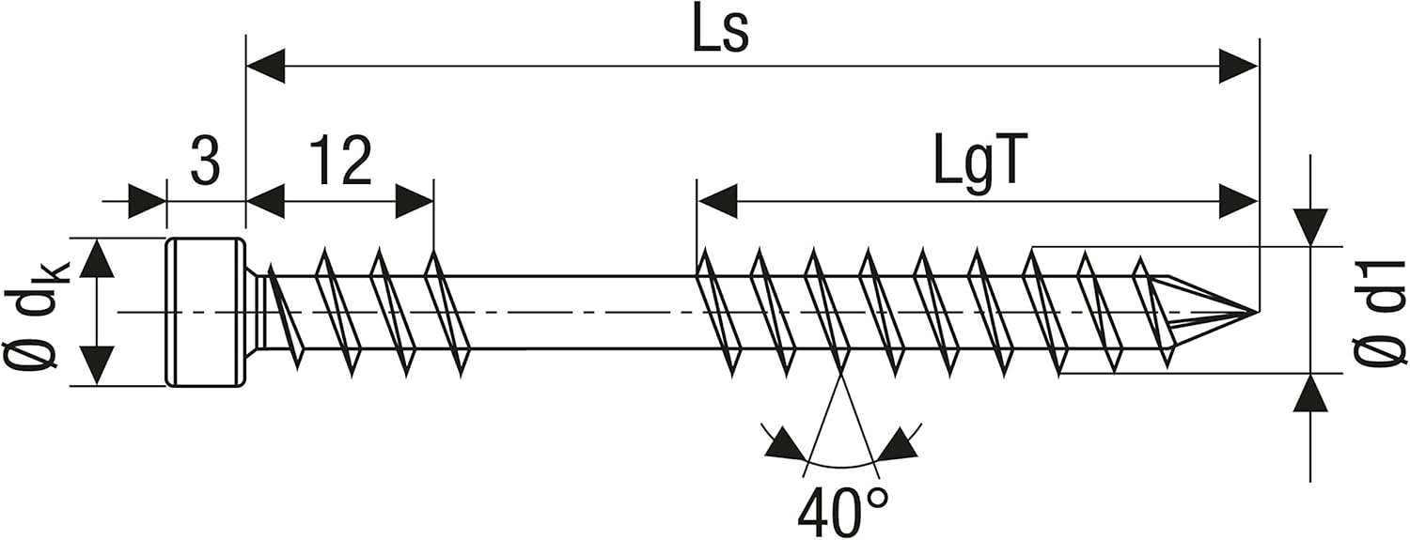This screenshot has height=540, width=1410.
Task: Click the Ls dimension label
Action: pyautogui.click(x=721, y=33)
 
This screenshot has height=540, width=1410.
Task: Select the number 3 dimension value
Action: pyautogui.click(x=205, y=162)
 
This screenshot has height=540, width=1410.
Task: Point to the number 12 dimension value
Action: pyautogui.click(x=340, y=162)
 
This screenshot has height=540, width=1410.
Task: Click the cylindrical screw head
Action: pyautogui.click(x=206, y=312)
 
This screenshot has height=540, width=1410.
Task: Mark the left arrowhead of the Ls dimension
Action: pyautogui.click(x=265, y=68)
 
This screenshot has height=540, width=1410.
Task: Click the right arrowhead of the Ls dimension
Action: pyautogui.click(x=1239, y=68)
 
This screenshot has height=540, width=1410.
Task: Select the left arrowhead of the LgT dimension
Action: pyautogui.click(x=716, y=201)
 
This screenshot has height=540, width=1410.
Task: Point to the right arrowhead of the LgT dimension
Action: pyautogui.click(x=1239, y=201)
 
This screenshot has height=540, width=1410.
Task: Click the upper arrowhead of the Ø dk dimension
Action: pyautogui.click(x=96, y=257)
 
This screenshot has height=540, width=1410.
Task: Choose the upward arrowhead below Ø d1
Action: pyautogui.click(x=1310, y=393)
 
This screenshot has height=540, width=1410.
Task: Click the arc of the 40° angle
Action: pyautogui.click(x=842, y=466)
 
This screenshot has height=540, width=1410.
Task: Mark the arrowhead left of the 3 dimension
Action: pyautogui.click(x=148, y=201)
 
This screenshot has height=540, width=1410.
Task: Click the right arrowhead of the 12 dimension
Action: pyautogui.click(x=415, y=201)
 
